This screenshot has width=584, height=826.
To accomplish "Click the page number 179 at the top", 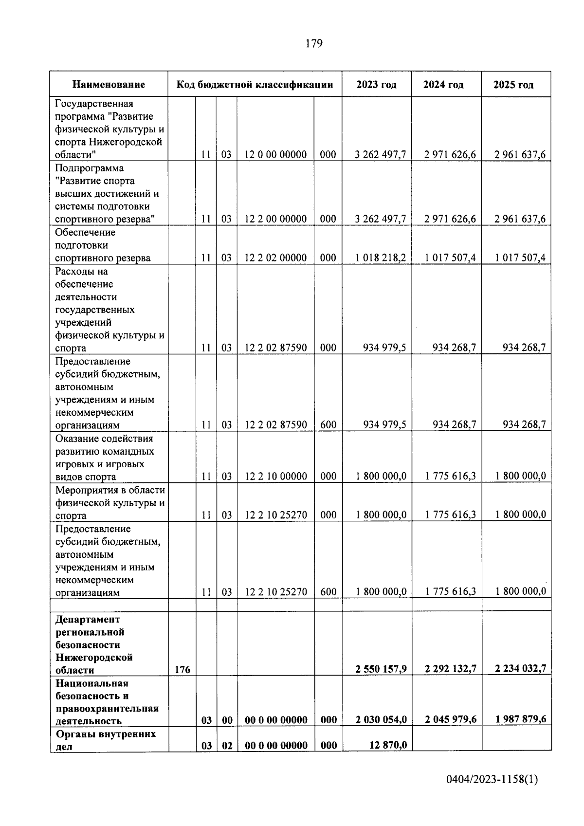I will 314,44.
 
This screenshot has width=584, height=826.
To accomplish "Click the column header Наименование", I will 109,85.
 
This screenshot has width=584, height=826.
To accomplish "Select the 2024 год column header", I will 443,85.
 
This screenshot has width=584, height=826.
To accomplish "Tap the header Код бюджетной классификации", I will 255,85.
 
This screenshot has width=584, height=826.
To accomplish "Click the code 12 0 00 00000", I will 275,155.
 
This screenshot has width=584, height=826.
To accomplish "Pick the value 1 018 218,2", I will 381,258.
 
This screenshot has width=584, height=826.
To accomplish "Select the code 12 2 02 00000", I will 275,258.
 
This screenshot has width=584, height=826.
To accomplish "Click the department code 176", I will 182,670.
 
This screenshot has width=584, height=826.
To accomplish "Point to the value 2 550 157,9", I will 381,669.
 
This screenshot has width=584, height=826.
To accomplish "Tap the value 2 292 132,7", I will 450,669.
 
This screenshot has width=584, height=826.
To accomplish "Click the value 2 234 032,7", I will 520,669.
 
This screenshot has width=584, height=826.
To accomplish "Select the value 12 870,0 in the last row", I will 388,745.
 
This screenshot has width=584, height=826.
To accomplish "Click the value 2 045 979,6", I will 450,720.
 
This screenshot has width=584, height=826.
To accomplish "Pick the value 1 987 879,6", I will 520,720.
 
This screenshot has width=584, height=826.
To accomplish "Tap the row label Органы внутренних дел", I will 106,740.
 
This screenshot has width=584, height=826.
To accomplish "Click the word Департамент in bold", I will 88,619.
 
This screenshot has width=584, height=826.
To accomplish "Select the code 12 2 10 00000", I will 275,477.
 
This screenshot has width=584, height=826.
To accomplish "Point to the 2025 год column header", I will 513,85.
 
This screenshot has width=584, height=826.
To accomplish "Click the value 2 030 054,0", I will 381,720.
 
